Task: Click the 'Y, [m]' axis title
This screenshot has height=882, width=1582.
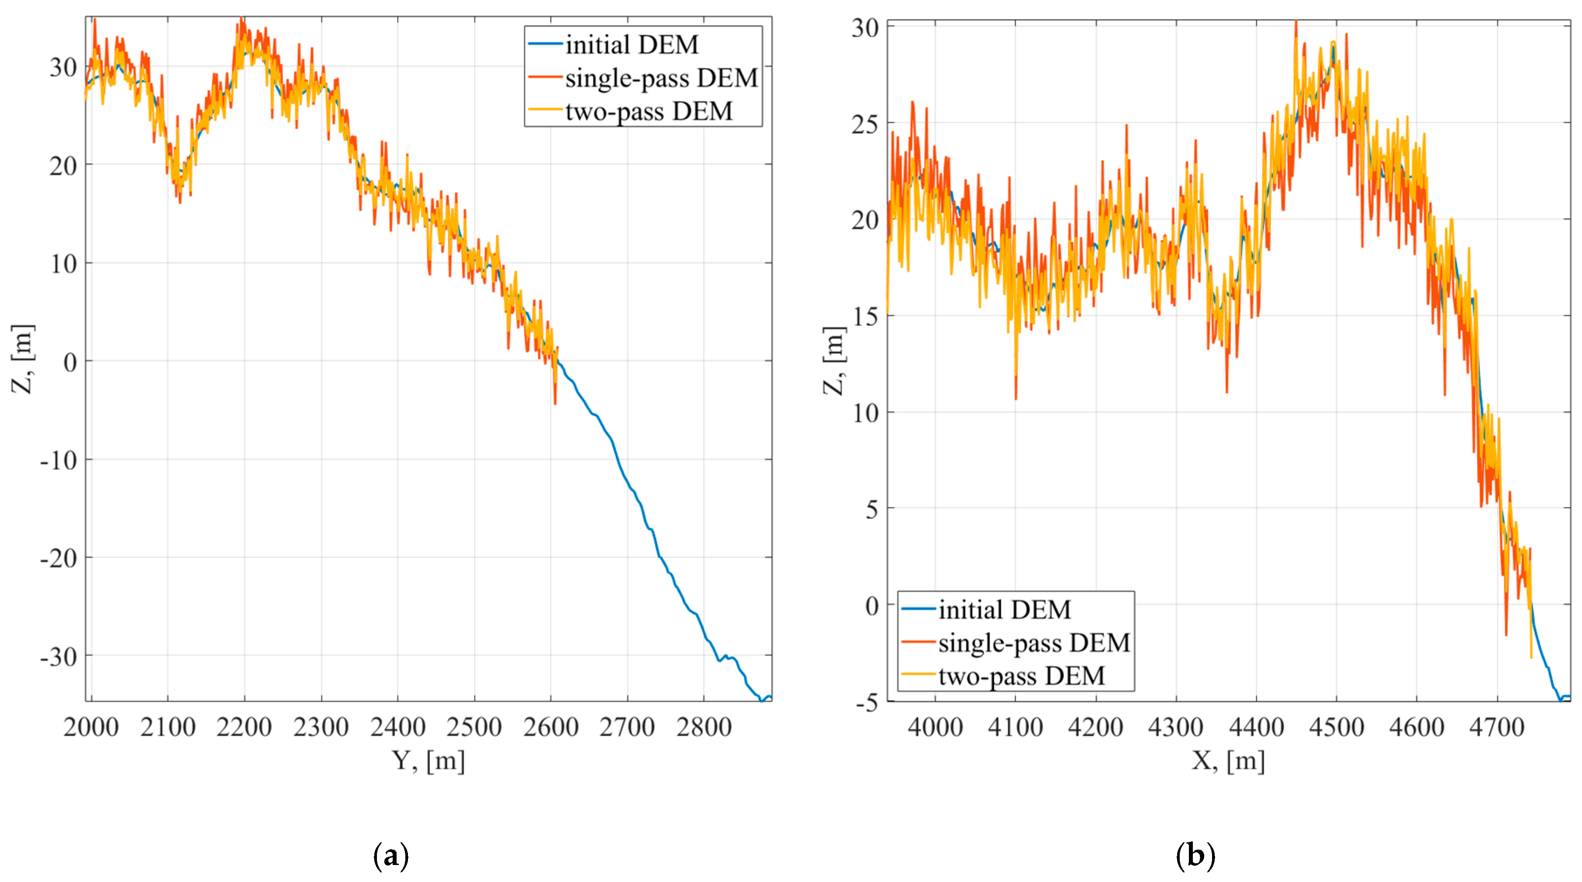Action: point(428,761)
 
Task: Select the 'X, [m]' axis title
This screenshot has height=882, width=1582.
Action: point(1228,761)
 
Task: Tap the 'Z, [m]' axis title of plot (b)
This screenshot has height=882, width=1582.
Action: point(834,361)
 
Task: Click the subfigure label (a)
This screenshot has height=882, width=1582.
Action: point(390,855)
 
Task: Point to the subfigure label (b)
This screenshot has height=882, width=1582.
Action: point(1195,855)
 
